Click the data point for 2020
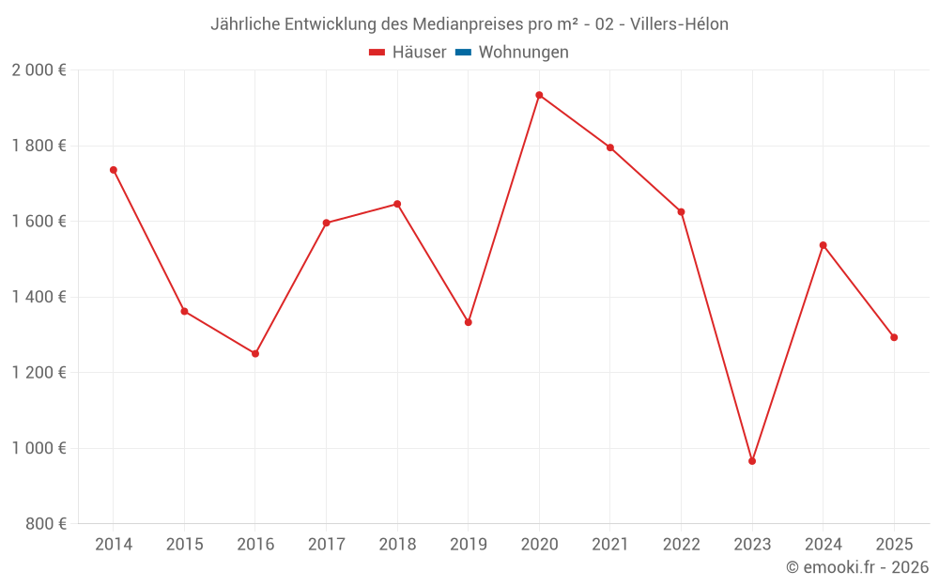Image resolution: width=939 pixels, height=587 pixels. tap(539, 95)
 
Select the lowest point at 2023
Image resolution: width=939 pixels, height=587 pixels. tap(752, 461)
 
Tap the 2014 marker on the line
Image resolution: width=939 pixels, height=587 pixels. tap(114, 170)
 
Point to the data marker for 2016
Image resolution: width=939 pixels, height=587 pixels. tap(255, 354)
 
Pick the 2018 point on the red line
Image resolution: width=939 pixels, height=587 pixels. tap(397, 204)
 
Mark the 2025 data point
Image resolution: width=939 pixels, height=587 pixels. tap(894, 337)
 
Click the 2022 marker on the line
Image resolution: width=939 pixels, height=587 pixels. tap(681, 211)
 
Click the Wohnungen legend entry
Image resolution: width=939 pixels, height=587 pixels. tap(523, 53)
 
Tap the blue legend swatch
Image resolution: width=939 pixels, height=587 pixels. tap(463, 53)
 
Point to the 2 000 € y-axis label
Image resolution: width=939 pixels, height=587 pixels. tap(38, 70)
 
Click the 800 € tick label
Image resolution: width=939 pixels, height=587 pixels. tap(45, 523)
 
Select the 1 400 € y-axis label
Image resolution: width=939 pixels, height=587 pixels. tap(38, 297)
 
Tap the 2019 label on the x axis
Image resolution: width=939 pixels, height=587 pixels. tap(469, 545)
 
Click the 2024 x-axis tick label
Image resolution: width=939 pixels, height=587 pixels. tap(824, 545)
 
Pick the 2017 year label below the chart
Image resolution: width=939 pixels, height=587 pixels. tap(326, 545)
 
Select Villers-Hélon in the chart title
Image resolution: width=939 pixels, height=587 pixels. tap(682, 24)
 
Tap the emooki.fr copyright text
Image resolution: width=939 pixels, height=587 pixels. tap(857, 567)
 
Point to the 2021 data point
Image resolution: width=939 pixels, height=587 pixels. tap(610, 147)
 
